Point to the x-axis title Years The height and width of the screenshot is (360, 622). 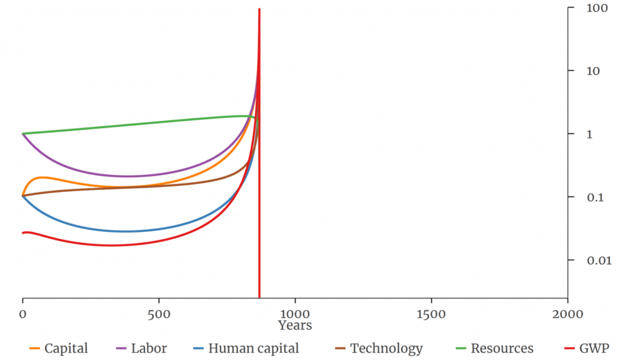click(x=295, y=325)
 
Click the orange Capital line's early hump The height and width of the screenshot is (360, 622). click(x=43, y=177)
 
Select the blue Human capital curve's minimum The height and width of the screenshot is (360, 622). click(x=125, y=231)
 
